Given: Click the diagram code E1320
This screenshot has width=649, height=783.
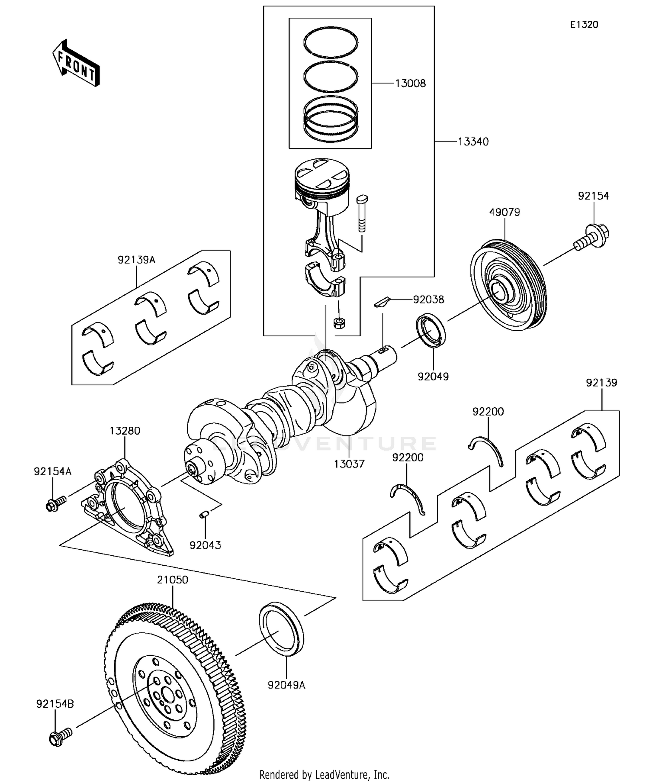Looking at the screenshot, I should pyautogui.click(x=584, y=25).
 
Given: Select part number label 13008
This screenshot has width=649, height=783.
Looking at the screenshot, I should pyautogui.click(x=410, y=84).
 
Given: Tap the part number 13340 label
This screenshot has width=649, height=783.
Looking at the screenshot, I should pyautogui.click(x=473, y=142).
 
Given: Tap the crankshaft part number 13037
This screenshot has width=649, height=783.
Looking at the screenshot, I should pyautogui.click(x=349, y=464).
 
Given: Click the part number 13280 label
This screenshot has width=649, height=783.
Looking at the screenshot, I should pyautogui.click(x=125, y=431).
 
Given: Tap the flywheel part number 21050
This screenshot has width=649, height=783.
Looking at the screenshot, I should pyautogui.click(x=172, y=580).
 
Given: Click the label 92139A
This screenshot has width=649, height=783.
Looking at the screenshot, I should pyautogui.click(x=136, y=260).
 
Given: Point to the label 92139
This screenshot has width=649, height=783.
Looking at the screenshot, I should pyautogui.click(x=601, y=383).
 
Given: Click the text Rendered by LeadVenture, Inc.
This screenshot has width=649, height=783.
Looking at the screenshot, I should pyautogui.click(x=324, y=775).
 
